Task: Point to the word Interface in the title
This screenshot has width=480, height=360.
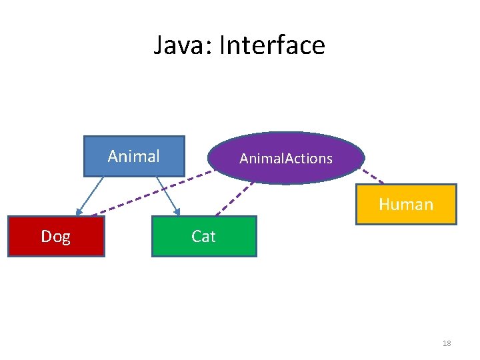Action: (x=272, y=45)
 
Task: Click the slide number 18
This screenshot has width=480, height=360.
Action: (x=447, y=343)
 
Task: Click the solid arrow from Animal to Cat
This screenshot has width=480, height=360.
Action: (x=167, y=195)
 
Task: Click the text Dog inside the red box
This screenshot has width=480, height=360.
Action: (x=55, y=237)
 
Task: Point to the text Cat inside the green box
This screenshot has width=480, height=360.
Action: (x=203, y=237)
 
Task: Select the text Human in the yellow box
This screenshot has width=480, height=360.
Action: (x=406, y=204)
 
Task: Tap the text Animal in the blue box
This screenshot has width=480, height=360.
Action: (x=133, y=156)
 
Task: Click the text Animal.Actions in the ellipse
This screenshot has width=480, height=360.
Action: (x=286, y=159)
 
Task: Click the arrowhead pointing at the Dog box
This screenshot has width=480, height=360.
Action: (x=79, y=211)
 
